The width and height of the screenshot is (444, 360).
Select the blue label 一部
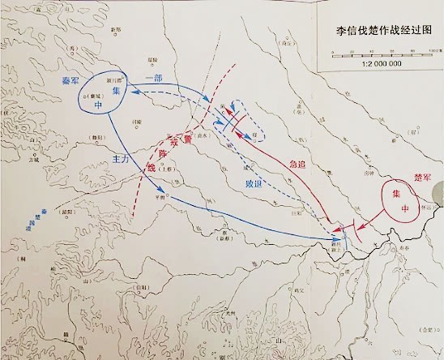tap(154, 77)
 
